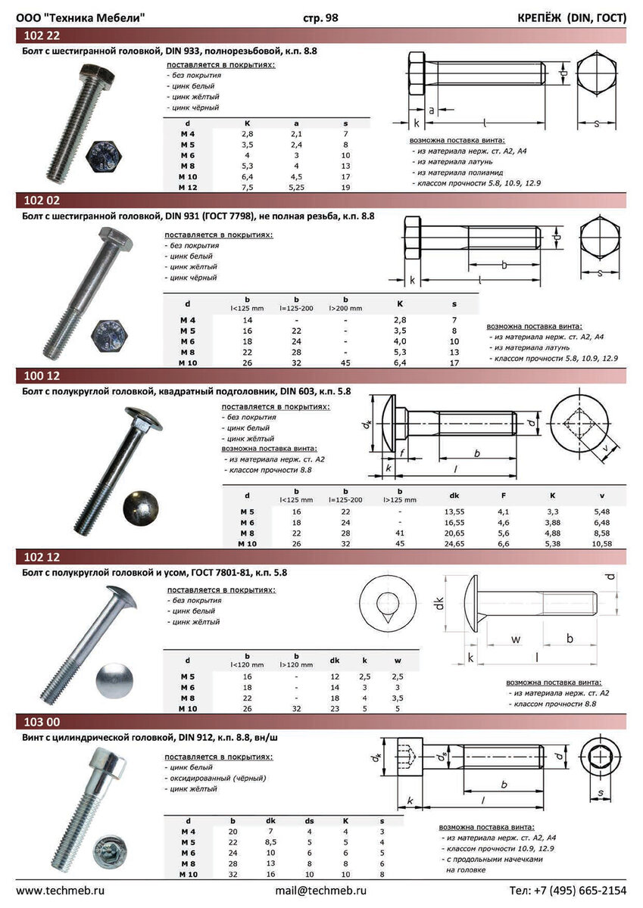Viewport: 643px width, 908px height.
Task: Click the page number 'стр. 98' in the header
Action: [320, 18]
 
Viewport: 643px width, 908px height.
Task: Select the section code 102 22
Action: [42, 36]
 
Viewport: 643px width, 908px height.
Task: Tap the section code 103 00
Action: [42, 722]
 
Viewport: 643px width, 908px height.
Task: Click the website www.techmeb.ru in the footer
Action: [60, 891]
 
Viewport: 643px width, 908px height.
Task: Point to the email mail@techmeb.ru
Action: [320, 891]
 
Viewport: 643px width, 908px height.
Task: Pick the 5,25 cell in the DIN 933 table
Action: [297, 188]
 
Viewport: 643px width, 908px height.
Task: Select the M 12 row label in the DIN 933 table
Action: [187, 188]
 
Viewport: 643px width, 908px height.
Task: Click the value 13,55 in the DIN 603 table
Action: [454, 512]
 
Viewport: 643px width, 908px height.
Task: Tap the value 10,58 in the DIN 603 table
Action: [601, 544]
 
